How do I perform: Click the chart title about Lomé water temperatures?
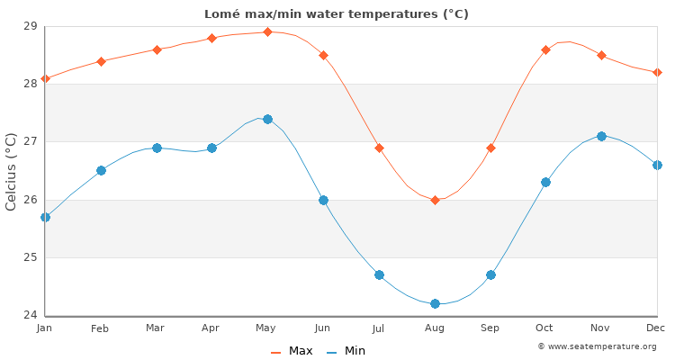337,14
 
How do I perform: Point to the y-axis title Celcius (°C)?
12,171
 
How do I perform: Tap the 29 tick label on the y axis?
30,26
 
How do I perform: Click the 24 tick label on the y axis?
30,315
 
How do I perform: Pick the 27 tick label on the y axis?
30,141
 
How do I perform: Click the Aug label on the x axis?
435,329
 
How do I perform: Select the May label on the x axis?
267,329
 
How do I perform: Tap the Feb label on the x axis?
100,329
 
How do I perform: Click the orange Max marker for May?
267,31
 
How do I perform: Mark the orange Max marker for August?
435,200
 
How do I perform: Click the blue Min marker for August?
435,303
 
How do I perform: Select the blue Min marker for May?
267,119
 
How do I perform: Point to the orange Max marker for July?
379,148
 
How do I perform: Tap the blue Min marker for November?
601,136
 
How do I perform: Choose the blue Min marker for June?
323,200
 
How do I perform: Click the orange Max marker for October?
545,49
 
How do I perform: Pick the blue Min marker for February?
101,170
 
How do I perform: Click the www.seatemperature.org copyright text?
597,346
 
